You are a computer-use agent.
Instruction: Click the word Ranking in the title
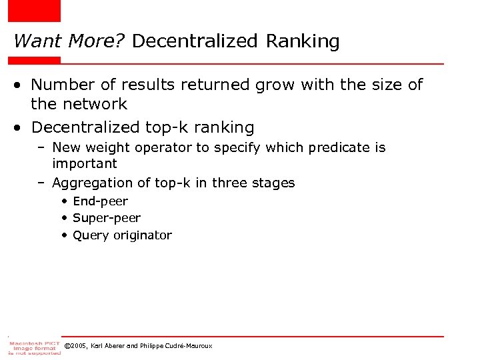point(303,41)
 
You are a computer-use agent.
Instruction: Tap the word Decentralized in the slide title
point(195,41)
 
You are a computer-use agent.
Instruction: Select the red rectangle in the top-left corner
point(34,11)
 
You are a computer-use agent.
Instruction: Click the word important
point(85,163)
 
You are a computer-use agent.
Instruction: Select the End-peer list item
point(100,201)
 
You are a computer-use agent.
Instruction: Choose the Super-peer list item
point(107,218)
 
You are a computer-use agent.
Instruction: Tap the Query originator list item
point(122,235)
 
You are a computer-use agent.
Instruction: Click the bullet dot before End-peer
point(64,201)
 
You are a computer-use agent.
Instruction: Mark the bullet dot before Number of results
point(21,85)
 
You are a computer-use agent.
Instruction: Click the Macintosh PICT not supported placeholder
point(33,347)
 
